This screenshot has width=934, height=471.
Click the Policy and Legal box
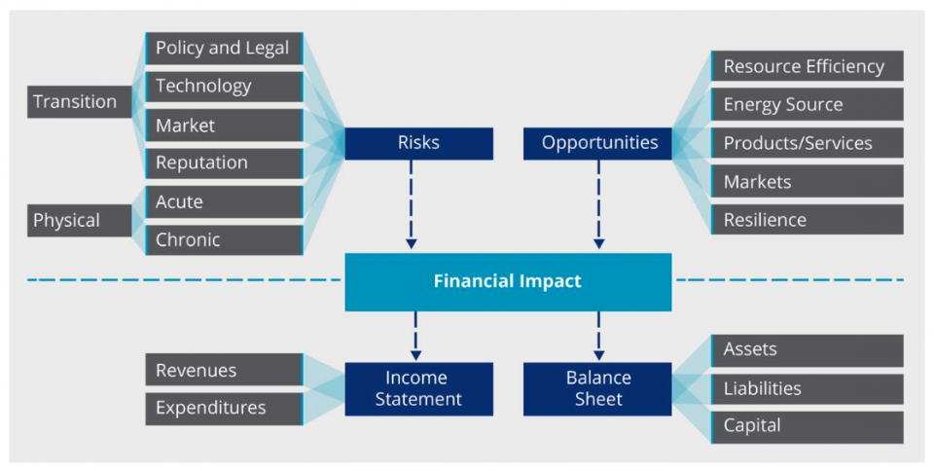pyautogui.click(x=224, y=48)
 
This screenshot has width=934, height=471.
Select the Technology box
pyautogui.click(x=224, y=87)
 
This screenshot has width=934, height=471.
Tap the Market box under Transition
pyautogui.click(x=224, y=126)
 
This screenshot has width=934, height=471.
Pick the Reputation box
pyautogui.click(x=224, y=163)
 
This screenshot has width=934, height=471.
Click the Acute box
pyautogui.click(x=224, y=201)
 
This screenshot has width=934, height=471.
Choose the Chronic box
pyautogui.click(x=224, y=239)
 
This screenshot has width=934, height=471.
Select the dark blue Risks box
pyautogui.click(x=418, y=143)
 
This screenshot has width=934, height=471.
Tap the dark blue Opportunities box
pyautogui.click(x=598, y=143)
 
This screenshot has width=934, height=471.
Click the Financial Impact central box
pyautogui.click(x=508, y=282)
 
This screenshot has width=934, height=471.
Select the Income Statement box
pyautogui.click(x=418, y=388)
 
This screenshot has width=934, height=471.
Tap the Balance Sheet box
pyautogui.click(x=598, y=388)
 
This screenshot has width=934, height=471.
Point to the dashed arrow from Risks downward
pyautogui.click(x=412, y=204)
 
